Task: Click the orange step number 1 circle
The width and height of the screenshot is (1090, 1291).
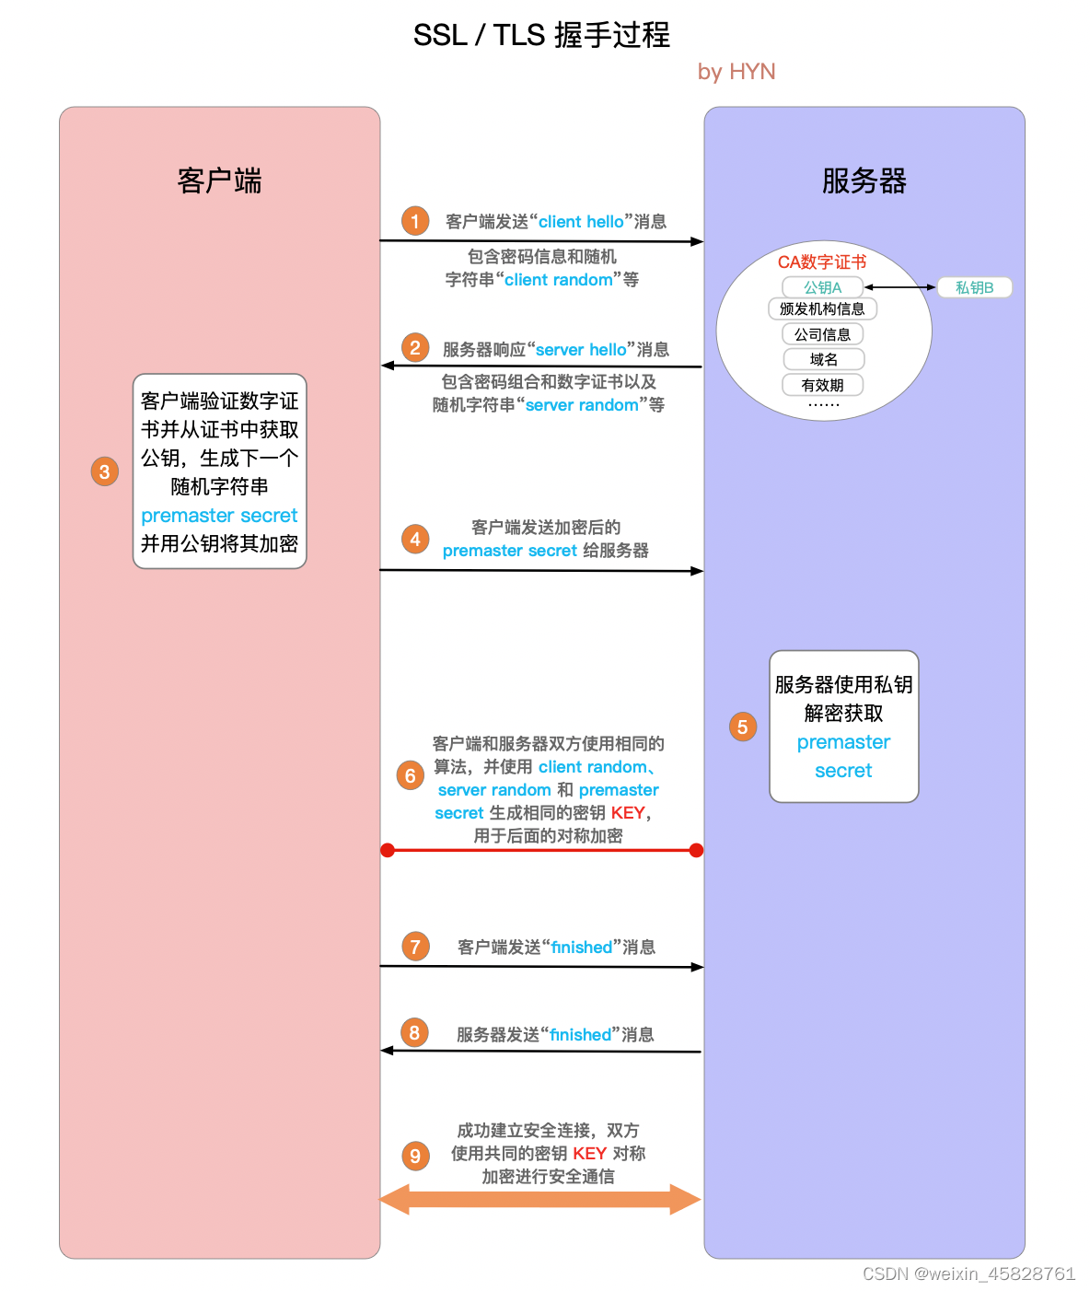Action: pos(415,221)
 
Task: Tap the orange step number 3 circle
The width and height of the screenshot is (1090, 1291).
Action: pos(105,471)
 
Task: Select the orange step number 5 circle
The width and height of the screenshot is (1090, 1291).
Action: pos(743,727)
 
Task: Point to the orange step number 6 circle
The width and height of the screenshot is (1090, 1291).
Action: pos(411,775)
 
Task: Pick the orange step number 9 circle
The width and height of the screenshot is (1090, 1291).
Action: pos(415,1156)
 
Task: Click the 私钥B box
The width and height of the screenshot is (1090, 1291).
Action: pos(974,287)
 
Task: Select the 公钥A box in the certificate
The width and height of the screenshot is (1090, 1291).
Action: pos(822,287)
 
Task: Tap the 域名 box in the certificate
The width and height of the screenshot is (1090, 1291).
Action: pos(824,359)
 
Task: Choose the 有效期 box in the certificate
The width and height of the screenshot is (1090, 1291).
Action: pos(823,385)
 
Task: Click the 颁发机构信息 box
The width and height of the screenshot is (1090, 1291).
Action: pos(822,309)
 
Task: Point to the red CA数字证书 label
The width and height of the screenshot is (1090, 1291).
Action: pos(822,262)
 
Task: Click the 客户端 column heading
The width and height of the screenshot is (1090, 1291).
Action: pos(219,180)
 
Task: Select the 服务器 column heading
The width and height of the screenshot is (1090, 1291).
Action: pos(864,180)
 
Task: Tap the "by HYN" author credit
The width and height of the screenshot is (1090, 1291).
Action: pos(736,72)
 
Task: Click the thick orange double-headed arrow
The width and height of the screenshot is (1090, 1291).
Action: pos(540,1199)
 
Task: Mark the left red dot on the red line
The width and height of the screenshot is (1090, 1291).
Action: pos(388,850)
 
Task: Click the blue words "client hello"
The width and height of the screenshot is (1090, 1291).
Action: pos(581,222)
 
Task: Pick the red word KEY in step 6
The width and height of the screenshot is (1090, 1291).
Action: pos(628,813)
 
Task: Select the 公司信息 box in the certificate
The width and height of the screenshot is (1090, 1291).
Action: pos(823,334)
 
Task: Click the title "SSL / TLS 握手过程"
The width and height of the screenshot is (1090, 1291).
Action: pos(541,35)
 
